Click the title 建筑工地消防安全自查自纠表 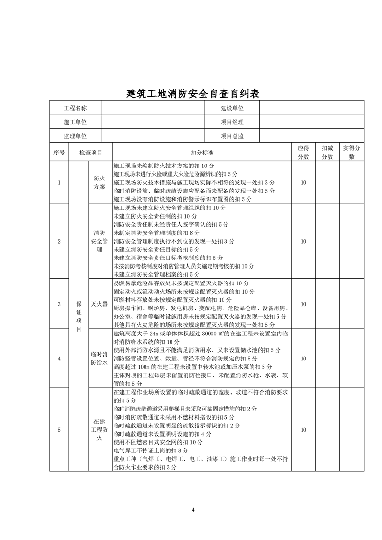[193, 93]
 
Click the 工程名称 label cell [75, 109]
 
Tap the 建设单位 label [232, 109]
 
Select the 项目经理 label [232, 122]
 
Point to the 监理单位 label [75, 136]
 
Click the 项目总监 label [232, 136]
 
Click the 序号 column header [59, 153]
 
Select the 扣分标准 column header [202, 153]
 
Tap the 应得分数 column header [303, 153]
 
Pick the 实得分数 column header [351, 153]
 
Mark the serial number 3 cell [59, 304]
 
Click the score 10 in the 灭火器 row [303, 304]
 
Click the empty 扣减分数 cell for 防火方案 [327, 182]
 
